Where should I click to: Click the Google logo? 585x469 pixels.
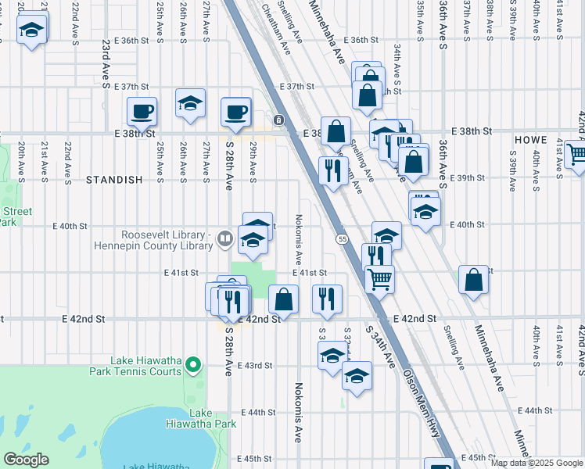(x=26, y=460)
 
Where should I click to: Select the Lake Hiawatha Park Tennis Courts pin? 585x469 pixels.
(x=196, y=364)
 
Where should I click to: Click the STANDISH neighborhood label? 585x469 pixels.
(x=114, y=180)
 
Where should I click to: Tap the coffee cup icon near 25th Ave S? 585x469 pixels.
(x=142, y=111)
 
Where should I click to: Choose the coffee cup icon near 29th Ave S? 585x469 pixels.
(x=235, y=112)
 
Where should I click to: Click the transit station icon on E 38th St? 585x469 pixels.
(x=278, y=119)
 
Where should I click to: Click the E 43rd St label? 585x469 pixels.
(x=258, y=365)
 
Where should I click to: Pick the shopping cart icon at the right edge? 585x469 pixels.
(x=576, y=154)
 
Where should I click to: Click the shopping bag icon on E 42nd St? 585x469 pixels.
(x=283, y=299)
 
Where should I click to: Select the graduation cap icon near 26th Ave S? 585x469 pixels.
(x=190, y=104)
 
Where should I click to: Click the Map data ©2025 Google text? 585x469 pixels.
(x=537, y=463)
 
